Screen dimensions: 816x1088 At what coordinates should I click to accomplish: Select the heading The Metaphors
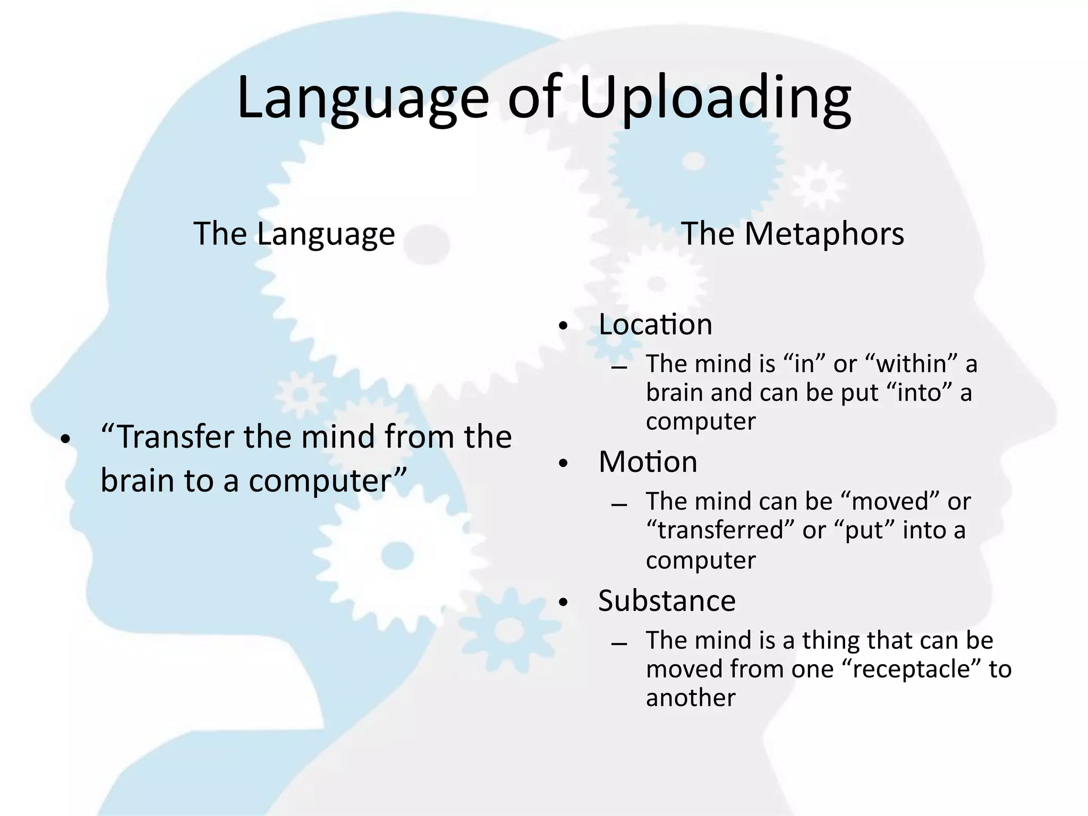point(792,233)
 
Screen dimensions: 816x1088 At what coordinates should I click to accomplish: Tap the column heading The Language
point(294,233)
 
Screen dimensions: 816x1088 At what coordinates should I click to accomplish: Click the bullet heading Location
point(655,324)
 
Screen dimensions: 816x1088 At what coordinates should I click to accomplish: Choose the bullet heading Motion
point(648,462)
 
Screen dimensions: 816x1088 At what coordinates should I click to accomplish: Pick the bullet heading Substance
point(667,600)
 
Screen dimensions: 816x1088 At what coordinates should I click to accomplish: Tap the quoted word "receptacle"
point(911,669)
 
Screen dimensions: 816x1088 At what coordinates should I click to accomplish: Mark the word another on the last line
point(691,698)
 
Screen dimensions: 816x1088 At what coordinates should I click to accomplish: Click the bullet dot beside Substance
point(564,602)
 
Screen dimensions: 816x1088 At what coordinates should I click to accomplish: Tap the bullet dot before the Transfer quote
point(65,439)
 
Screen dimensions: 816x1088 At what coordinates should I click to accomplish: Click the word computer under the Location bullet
point(701,421)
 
